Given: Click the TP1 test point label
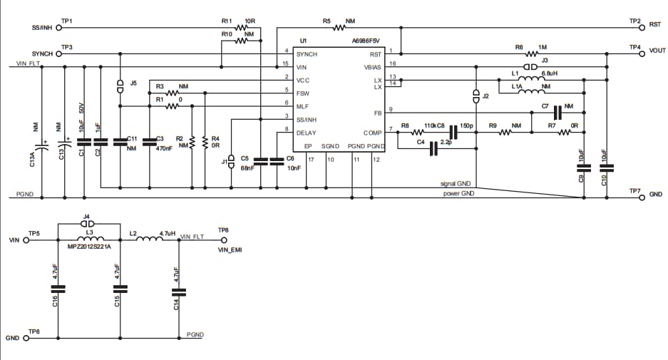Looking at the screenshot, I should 67,21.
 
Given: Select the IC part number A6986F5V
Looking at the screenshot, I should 366,41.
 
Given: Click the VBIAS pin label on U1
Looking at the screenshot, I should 374,66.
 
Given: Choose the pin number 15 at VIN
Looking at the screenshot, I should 285,66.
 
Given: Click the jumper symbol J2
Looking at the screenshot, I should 476,95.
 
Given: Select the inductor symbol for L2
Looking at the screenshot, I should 150,240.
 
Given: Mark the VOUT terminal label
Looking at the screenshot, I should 657,51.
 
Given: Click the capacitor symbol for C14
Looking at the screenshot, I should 178,290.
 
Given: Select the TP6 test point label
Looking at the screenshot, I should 34,332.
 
